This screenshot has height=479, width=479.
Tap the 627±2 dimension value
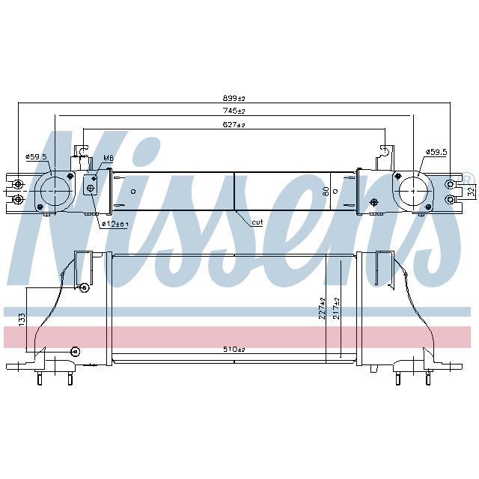tap(234, 124)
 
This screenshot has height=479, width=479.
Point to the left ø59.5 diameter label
tap(36, 156)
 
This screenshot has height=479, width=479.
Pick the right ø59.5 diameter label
tap(436, 152)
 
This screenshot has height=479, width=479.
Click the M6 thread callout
tap(108, 158)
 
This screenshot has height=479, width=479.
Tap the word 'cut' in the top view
tap(257, 222)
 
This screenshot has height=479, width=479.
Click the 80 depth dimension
tap(326, 192)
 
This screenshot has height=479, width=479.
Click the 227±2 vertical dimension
tap(321, 308)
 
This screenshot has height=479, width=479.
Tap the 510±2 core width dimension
tap(234, 349)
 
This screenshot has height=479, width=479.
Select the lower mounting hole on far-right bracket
tap(449, 199)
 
